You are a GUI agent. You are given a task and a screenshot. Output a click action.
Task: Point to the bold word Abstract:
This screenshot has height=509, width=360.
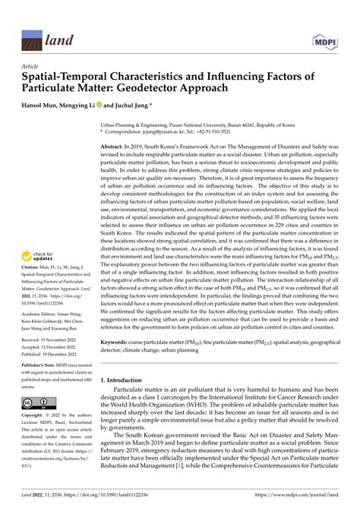[126, 145]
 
